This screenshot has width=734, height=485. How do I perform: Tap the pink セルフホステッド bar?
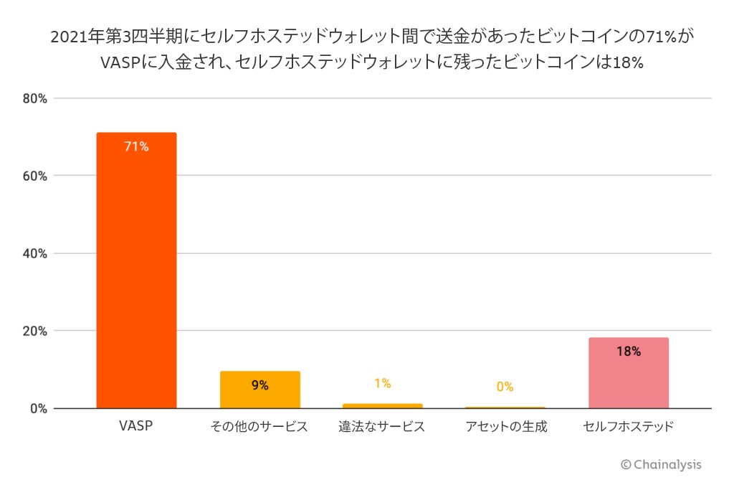[628, 373]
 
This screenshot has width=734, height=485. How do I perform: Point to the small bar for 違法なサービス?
[382, 406]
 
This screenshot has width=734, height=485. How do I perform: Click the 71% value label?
[136, 146]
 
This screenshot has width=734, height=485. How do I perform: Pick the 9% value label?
[259, 385]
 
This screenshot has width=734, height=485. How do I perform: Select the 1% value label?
[382, 383]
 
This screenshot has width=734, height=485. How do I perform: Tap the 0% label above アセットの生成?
[505, 387]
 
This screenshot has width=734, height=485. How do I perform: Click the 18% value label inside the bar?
[628, 352]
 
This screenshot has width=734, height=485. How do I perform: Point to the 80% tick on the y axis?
[34, 98]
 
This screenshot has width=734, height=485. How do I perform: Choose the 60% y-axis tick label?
[34, 176]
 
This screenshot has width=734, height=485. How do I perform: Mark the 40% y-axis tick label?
[34, 253]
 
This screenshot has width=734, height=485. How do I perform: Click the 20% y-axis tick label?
[34, 331]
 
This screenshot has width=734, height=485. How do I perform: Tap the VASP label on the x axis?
[136, 426]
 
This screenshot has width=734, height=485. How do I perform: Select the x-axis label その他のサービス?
[259, 426]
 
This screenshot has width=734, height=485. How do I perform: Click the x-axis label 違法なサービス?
[382, 426]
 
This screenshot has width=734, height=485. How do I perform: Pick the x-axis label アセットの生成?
[505, 426]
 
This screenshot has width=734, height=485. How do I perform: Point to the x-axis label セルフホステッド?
[628, 426]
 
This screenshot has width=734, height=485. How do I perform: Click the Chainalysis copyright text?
[661, 464]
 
